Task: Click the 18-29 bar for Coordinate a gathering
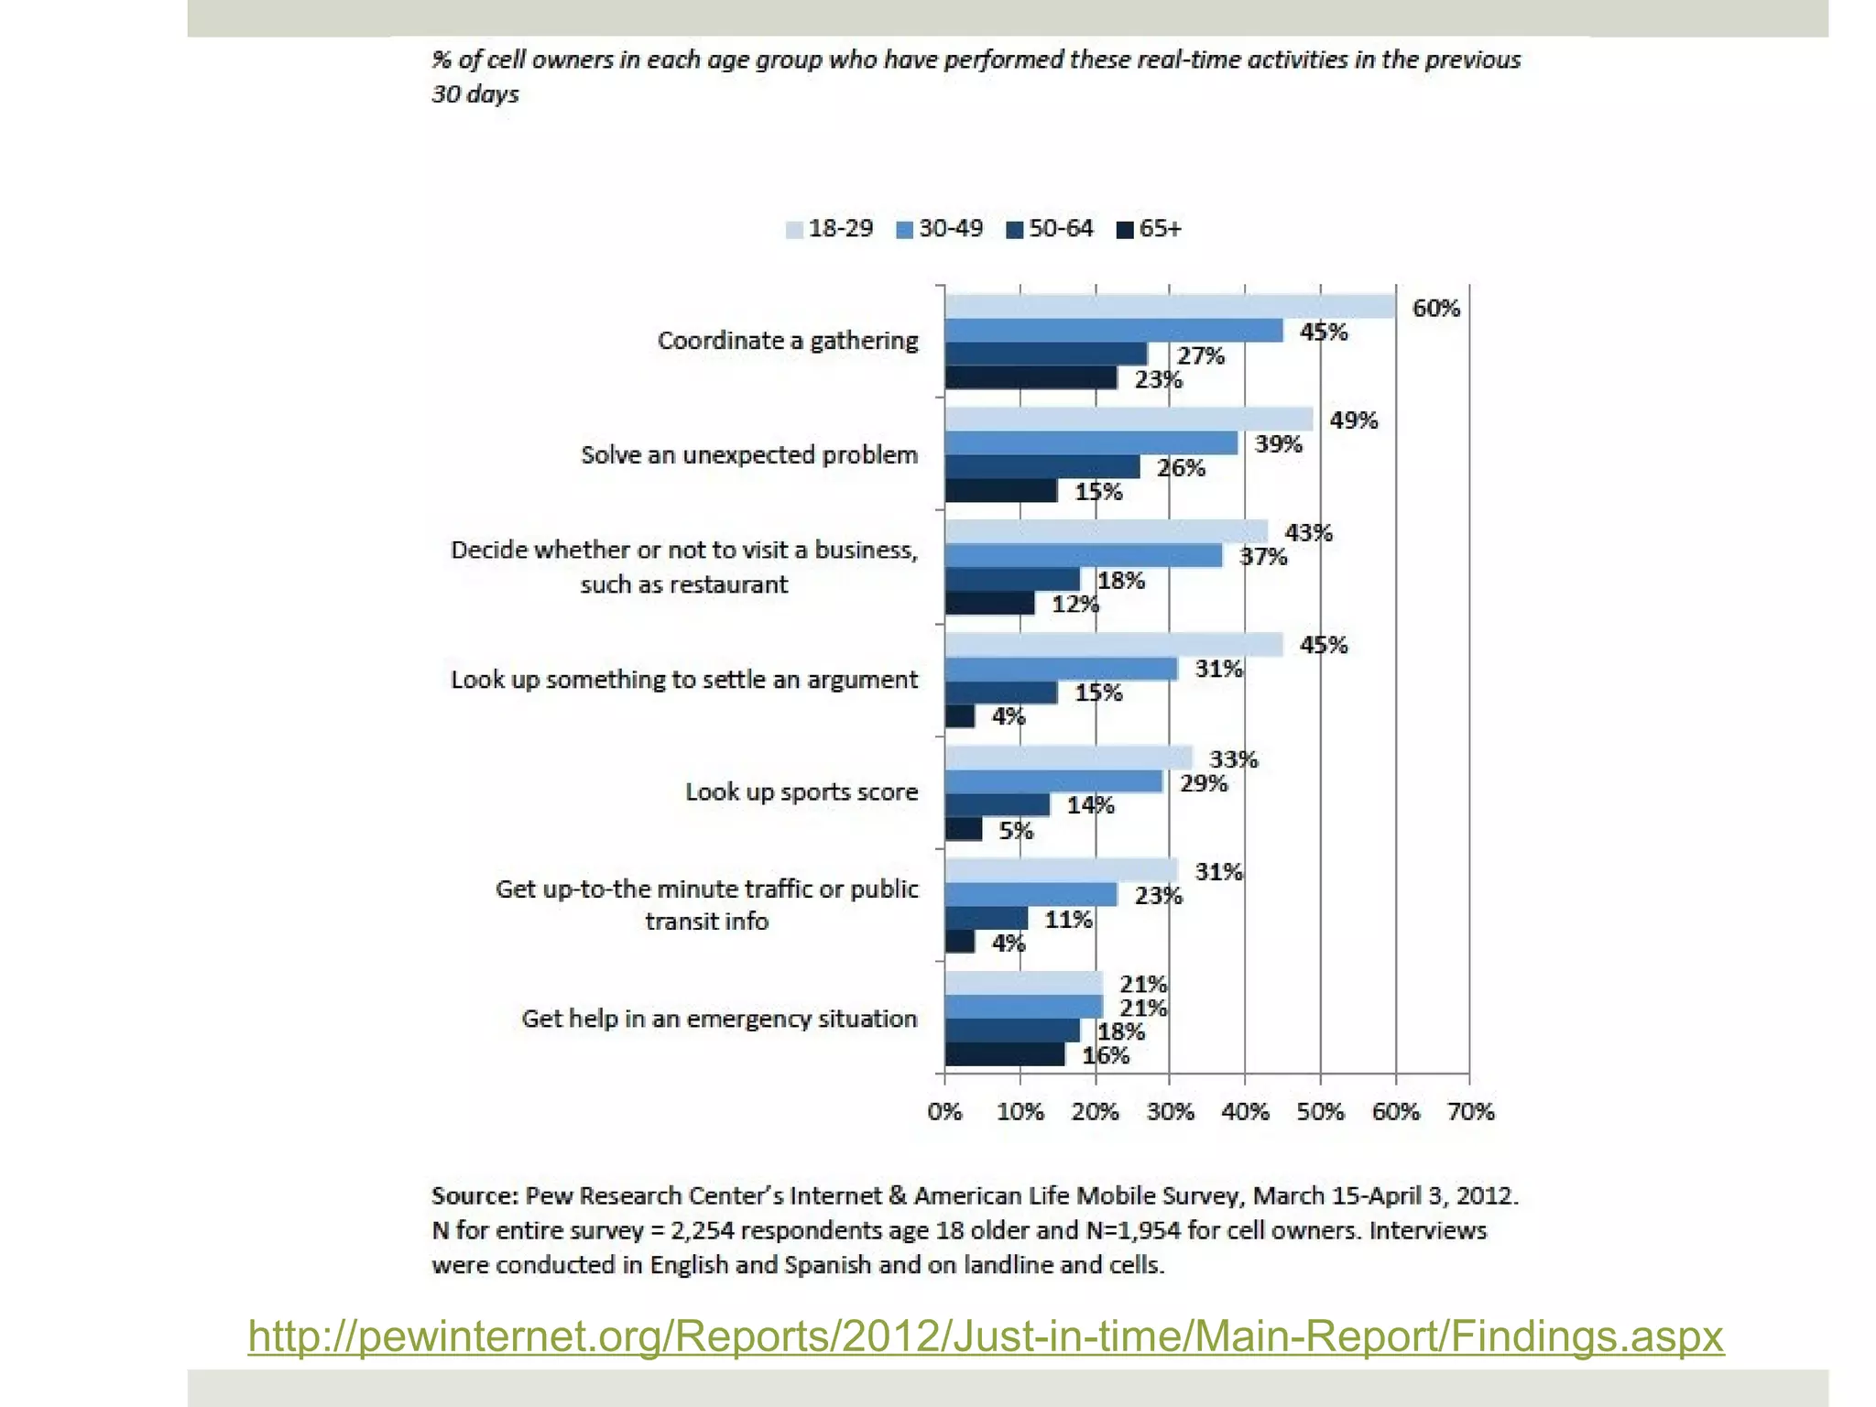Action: (x=1170, y=307)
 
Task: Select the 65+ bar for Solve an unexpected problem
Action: (x=1001, y=491)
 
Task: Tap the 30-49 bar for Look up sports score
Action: (x=1053, y=781)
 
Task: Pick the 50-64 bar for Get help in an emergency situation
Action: (x=1012, y=1031)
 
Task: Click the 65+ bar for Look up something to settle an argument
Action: (x=960, y=716)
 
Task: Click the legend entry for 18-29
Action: (x=830, y=229)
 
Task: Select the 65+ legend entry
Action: (x=1150, y=229)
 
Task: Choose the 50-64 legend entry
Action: (x=1050, y=229)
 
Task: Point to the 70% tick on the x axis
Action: (x=1470, y=1112)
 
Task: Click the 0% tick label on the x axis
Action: (x=944, y=1112)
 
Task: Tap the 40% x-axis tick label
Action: (x=1245, y=1112)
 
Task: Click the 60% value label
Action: (x=1435, y=309)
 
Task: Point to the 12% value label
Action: (x=1074, y=605)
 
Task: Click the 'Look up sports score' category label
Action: (x=802, y=792)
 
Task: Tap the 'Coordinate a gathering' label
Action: (x=788, y=341)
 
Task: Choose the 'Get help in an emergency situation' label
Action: (x=719, y=1019)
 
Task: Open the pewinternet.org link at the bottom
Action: (x=986, y=1336)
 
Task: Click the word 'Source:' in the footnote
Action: (x=475, y=1196)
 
